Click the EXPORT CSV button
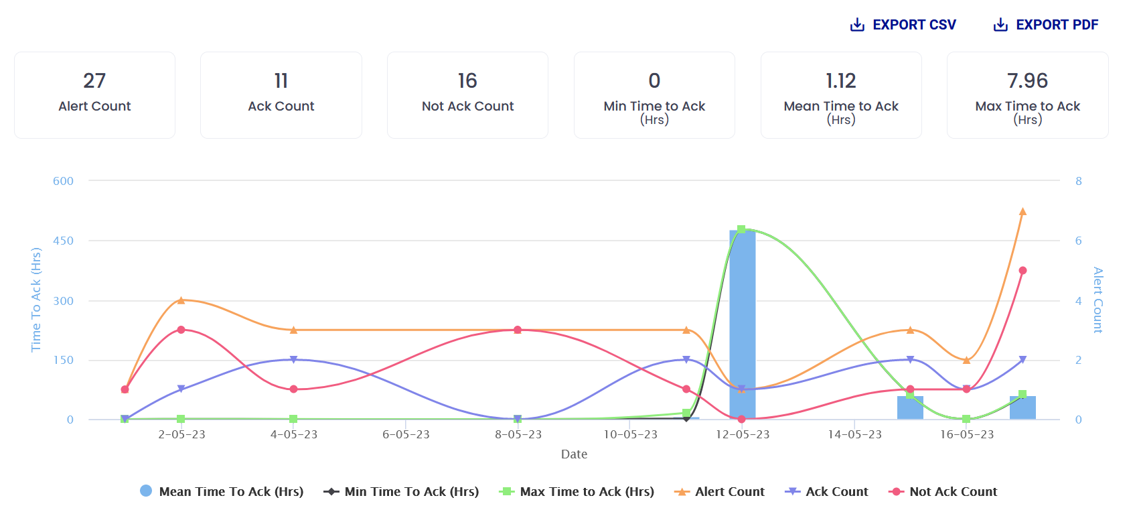coord(903,25)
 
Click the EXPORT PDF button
coord(1046,25)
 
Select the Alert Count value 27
coord(94,81)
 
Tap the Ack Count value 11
coord(281,81)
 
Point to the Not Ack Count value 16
coord(467,81)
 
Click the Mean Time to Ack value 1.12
coord(841,81)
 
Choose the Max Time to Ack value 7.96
coord(1027,81)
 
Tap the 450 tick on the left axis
coord(64,241)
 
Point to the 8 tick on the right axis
coord(1078,181)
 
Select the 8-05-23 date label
coord(518,434)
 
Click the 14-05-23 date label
coord(854,434)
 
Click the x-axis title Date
coord(574,454)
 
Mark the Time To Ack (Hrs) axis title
coord(36,300)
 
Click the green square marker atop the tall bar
coord(741,229)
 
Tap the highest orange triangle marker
coord(1022,212)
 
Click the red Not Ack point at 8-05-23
coord(518,330)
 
